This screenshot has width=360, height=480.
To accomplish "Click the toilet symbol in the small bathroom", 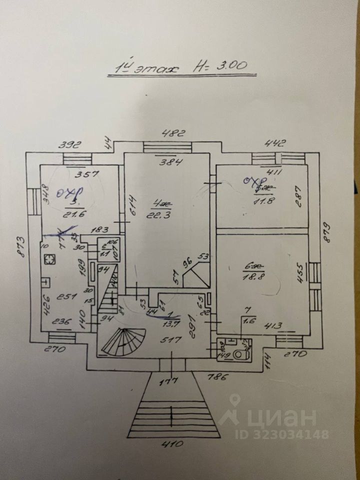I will [x=240, y=354].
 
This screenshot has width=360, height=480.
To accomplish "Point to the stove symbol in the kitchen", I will [x=50, y=259].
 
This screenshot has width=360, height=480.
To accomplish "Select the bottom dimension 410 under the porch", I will [x=172, y=443].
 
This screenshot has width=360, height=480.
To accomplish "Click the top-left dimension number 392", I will [x=70, y=145].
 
